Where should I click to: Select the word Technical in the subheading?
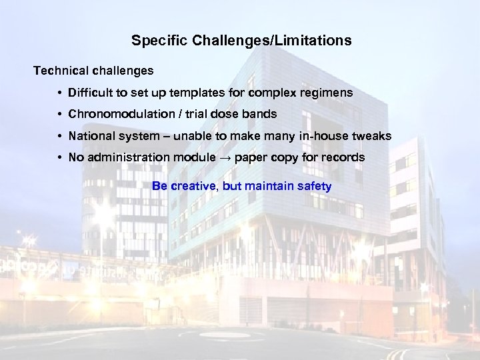pos(59,70)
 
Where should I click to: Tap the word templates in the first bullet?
pos(221,93)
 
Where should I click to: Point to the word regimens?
pos(328,93)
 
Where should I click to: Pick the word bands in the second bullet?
pos(261,114)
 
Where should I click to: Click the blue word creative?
pos(194,187)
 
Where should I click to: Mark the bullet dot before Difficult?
pos(60,93)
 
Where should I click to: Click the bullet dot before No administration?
pos(60,158)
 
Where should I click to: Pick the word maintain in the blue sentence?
pos(269,187)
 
